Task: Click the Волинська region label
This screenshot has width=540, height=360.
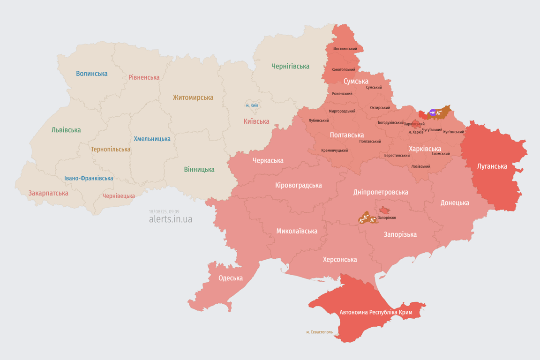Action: coord(92,74)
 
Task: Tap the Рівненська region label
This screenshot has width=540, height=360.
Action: coord(144,77)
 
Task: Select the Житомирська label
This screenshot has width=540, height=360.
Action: coord(193,97)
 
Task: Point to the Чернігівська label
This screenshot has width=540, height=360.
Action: coord(290,67)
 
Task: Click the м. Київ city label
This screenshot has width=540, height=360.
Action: coord(252,105)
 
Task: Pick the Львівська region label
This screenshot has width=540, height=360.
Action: coord(66,130)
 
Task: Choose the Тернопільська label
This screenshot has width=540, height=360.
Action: coord(111,149)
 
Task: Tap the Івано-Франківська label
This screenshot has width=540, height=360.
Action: coord(89,178)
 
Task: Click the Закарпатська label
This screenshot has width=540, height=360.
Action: coord(48,193)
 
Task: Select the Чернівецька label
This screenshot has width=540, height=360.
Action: coord(119,196)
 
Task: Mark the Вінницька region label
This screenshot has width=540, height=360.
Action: coord(199,170)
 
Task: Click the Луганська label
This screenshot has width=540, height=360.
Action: coord(492,166)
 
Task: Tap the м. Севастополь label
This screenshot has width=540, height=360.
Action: coord(319,332)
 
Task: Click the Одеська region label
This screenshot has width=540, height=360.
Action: coord(231,278)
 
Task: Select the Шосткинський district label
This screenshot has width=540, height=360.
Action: coord(345,49)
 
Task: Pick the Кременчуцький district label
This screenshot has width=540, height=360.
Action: coord(335,150)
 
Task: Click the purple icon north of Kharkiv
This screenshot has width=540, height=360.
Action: coord(433,112)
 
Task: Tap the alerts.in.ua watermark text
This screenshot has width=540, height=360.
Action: coord(171,219)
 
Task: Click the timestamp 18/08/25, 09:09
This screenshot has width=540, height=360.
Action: coord(164,212)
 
